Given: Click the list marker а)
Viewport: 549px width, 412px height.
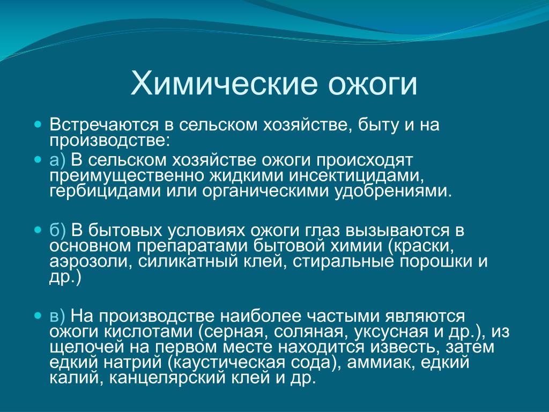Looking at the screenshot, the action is (x=57, y=160).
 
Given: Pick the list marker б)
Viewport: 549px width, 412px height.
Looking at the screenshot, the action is (x=57, y=231).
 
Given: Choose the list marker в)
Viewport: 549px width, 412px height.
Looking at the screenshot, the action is (x=57, y=317).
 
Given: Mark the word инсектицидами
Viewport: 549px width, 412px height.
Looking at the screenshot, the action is (x=356, y=176).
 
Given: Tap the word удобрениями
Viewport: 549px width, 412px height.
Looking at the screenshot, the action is (x=393, y=192).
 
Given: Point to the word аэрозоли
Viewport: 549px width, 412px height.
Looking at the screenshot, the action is (x=91, y=262).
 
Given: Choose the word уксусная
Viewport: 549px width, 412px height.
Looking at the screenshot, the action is (x=391, y=332).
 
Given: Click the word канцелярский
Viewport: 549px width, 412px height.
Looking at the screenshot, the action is (x=167, y=378).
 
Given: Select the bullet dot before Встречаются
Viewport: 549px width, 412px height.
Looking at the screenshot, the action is (x=38, y=124).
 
